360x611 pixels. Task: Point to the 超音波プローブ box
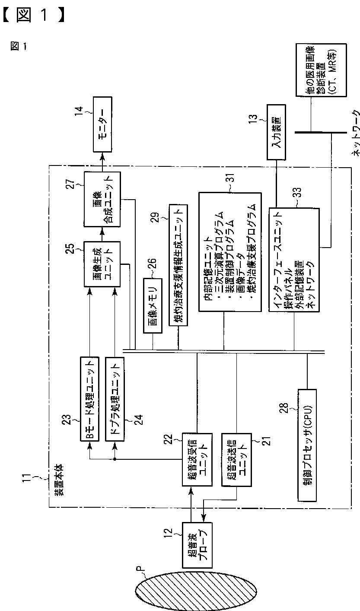point(196,544)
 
